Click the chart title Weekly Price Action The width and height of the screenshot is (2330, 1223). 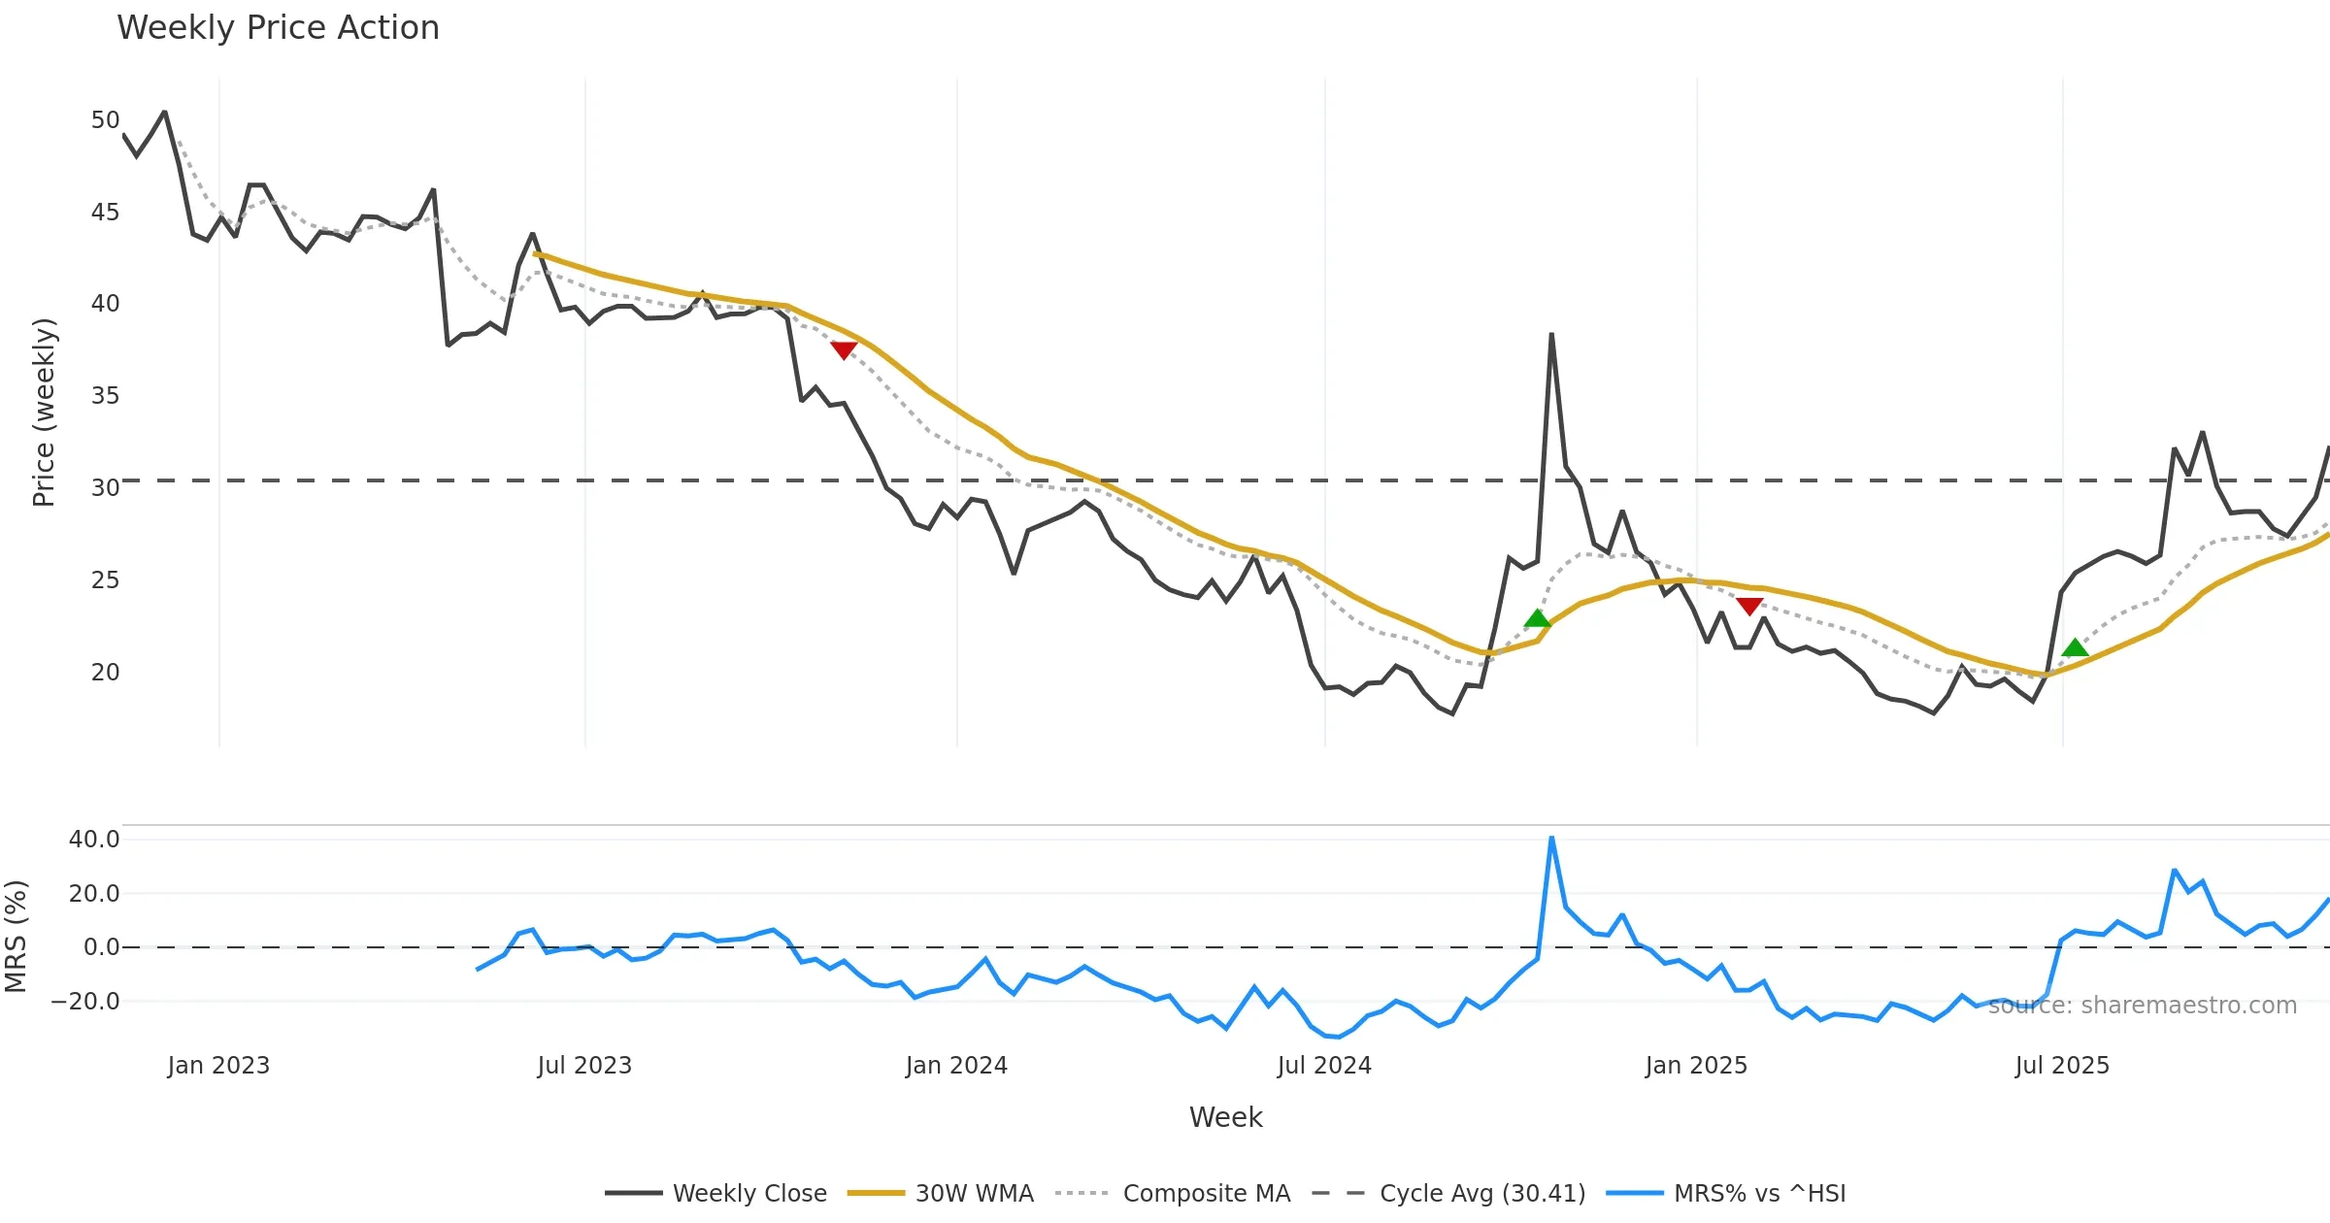point(278,28)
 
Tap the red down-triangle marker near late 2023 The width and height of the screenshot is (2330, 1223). point(844,350)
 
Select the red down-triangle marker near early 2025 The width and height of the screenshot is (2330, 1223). point(1749,607)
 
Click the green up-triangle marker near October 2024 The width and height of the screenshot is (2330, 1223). point(1537,618)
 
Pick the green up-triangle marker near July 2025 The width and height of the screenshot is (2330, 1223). point(2075,647)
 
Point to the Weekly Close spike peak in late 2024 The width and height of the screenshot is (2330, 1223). point(1551,335)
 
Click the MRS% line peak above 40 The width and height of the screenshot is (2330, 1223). point(1551,838)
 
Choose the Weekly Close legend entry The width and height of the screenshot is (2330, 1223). point(716,1193)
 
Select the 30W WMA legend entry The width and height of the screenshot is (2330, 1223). point(941,1193)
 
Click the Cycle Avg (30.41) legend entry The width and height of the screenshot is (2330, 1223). point(1448,1193)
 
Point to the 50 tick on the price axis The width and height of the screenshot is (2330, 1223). point(105,120)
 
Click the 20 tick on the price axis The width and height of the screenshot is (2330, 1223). point(105,672)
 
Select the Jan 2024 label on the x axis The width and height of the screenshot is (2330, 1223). point(956,1066)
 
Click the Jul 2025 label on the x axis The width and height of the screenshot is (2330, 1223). point(2062,1066)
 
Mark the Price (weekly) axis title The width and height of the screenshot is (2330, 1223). point(45,413)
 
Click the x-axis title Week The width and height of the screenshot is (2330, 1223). point(1225,1117)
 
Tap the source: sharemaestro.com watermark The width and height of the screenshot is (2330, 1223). point(2142,1006)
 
